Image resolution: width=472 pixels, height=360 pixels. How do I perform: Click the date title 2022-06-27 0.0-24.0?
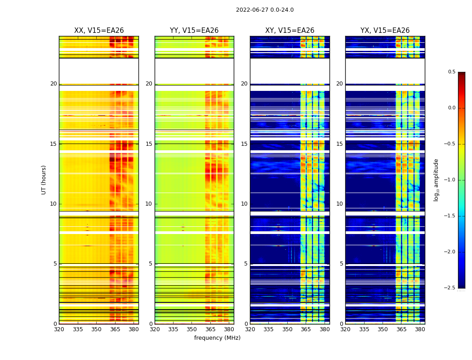tap(265, 10)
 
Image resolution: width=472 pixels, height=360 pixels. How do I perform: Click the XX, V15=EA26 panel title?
tap(99, 31)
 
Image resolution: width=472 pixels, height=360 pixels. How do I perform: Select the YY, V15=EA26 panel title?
tap(194, 31)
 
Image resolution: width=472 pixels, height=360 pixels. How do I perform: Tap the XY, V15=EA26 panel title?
tap(290, 31)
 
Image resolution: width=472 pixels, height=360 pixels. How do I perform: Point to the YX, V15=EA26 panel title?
tap(385, 31)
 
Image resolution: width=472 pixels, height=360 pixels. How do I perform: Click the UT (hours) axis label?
tap(44, 180)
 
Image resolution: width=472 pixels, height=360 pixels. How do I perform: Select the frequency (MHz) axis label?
tap(217, 338)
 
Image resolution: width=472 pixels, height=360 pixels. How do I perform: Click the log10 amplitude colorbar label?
tap(436, 180)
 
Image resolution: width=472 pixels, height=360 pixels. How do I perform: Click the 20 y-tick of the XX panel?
tap(53, 84)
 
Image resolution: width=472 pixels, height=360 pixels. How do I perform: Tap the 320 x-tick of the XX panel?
tap(59, 329)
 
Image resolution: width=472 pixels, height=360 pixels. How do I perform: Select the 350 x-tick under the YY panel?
tap(192, 329)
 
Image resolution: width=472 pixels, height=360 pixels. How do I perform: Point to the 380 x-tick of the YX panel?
tap(420, 329)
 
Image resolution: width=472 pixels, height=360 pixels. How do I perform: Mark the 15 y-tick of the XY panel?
tap(244, 144)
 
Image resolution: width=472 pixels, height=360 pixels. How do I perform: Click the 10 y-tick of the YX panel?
tap(339, 204)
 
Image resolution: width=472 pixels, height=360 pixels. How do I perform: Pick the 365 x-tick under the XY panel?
tap(306, 329)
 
